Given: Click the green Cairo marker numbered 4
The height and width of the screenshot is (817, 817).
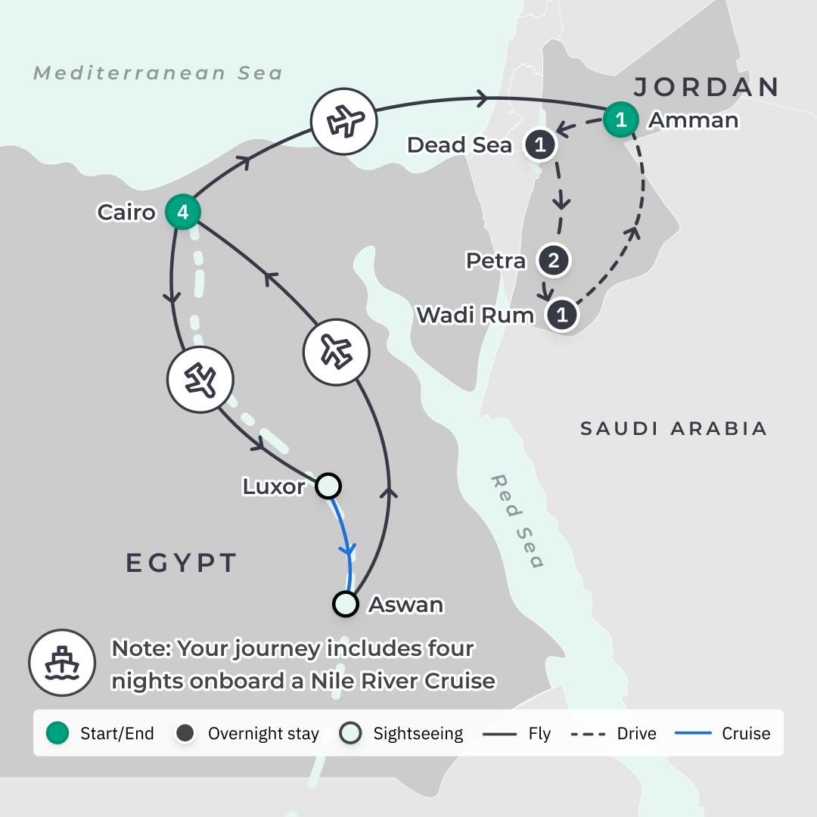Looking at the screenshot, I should tap(182, 213).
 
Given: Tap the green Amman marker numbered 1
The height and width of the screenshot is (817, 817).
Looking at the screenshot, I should tap(620, 120).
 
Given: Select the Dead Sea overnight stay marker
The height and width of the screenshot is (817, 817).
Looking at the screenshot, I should tap(540, 145).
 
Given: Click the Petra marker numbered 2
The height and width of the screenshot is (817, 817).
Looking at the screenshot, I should tap(553, 261).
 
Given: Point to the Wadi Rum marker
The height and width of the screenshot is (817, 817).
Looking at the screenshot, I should tap(561, 315).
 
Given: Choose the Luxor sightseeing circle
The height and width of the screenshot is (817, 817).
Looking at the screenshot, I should tap(328, 486).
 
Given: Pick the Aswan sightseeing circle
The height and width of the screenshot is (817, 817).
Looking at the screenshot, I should tap(346, 604).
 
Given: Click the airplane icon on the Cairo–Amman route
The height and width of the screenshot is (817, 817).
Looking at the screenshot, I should tap(344, 121).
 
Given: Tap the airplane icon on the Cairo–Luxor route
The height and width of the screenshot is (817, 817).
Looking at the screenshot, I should tap(200, 380).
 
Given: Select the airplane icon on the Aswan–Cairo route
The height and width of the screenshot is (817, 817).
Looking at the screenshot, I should tap(336, 351).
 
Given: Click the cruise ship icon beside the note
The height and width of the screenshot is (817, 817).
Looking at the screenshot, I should tap(62, 663).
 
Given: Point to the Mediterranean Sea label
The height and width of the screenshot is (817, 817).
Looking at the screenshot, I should tap(158, 73).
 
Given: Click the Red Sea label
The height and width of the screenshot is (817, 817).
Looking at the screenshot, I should tap(517, 521).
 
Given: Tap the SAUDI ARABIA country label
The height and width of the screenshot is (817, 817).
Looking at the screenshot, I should tap(673, 429).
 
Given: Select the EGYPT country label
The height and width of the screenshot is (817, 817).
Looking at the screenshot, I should tap(182, 563).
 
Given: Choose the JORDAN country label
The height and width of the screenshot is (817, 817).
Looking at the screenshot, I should tap(707, 87).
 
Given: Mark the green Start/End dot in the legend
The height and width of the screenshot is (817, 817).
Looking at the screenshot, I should tap(57, 733).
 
